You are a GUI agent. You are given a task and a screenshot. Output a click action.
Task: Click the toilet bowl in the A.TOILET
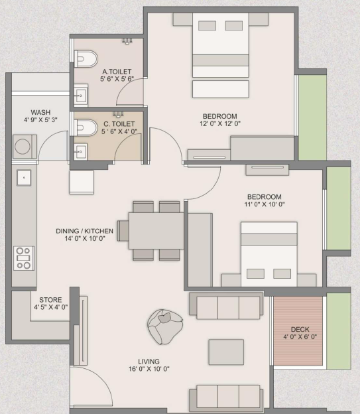coord(86,58)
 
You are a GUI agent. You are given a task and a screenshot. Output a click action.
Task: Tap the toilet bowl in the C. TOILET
coord(86,128)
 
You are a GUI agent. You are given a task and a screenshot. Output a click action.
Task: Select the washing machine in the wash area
coord(25,147)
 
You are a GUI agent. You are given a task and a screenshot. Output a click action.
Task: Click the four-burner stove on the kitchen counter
coord(24,258)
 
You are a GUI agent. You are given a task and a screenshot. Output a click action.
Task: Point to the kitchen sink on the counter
coord(24,178)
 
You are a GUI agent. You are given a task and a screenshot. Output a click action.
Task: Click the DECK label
coord(300,329)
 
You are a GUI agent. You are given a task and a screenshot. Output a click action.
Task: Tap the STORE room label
coord(50,300)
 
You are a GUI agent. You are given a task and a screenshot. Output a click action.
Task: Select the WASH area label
coord(40,112)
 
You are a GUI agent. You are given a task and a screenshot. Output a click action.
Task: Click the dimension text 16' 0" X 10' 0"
coord(149,369)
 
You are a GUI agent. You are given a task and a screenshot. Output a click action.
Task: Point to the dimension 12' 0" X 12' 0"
coord(220,123)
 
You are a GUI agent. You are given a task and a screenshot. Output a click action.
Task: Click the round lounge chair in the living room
coord(165,327)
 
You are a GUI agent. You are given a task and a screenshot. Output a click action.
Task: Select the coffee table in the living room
coord(226,352)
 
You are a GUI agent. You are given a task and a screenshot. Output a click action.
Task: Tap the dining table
coord(156,231)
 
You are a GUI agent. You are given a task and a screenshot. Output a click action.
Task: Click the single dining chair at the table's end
coord(123,231)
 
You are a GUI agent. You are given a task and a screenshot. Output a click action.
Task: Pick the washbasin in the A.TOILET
coord(81,95)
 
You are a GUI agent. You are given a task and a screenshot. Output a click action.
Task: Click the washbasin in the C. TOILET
coord(80,152)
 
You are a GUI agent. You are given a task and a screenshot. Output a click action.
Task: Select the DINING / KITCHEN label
coord(84,231)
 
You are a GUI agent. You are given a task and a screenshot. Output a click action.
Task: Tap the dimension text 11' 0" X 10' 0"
coord(265,204)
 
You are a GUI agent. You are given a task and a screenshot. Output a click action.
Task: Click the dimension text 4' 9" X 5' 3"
coord(40,120)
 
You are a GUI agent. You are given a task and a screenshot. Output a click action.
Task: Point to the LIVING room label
coord(149,362)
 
